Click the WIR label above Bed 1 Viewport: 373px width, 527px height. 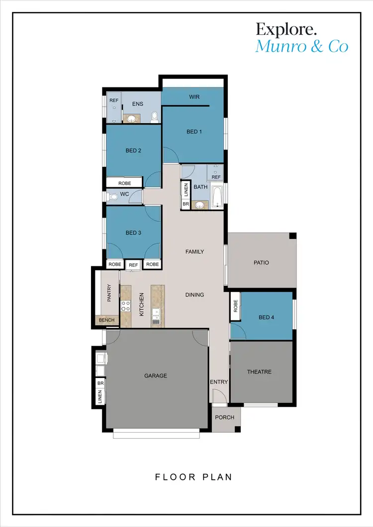194,97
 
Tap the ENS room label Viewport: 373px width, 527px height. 138,104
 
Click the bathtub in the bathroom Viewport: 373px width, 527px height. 217,197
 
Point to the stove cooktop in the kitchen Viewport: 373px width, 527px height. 126,306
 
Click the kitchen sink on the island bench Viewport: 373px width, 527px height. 156,316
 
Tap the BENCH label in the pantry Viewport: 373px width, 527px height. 106,320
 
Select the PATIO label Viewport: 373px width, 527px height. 261,262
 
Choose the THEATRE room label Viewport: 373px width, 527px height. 260,372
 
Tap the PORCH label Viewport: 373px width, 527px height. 225,417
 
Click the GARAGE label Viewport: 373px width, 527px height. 156,376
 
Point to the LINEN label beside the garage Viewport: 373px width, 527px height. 100,396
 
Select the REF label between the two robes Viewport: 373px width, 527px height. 133,265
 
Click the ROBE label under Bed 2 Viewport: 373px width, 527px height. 125,183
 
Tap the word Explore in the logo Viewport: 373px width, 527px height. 286,29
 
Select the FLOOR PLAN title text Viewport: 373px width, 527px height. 193,477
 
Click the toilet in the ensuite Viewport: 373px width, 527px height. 155,117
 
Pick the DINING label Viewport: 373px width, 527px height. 194,295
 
